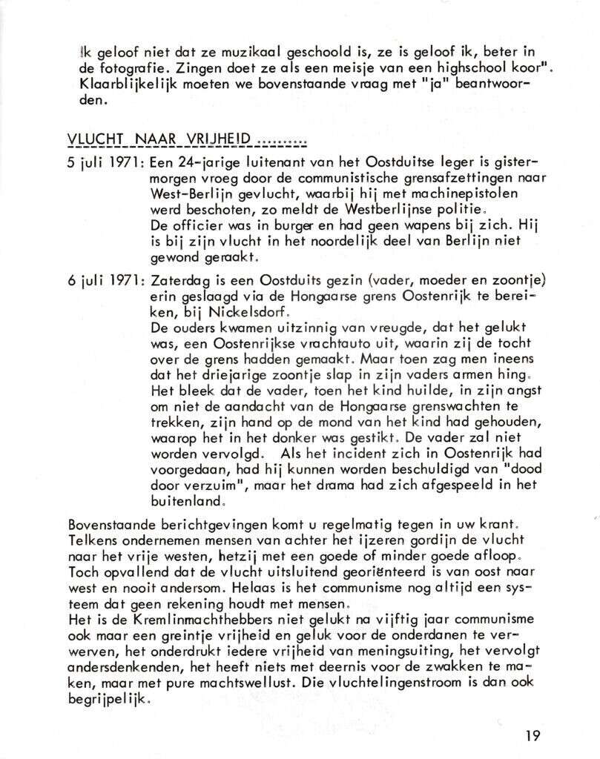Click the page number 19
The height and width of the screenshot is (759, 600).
532,735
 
